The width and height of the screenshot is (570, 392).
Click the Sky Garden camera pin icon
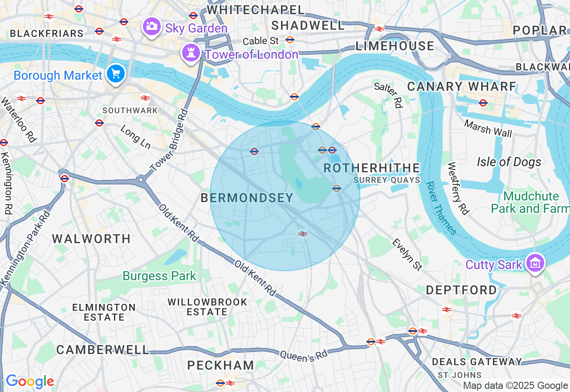click(151, 26)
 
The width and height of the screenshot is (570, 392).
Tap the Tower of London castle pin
click(191, 53)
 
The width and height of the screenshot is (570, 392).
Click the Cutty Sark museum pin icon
click(535, 263)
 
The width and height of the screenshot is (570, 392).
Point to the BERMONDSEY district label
click(247, 198)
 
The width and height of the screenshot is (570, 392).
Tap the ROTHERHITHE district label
click(371, 168)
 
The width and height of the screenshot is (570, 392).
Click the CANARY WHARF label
click(462, 86)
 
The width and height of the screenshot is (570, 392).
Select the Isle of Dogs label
click(509, 162)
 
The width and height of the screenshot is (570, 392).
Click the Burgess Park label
click(159, 276)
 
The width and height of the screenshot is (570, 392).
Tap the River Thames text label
click(441, 208)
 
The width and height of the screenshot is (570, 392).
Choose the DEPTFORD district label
click(461, 290)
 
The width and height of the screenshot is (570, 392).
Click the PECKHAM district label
click(220, 365)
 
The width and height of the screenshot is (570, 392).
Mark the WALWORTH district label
click(91, 239)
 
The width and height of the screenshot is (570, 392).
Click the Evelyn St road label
click(407, 254)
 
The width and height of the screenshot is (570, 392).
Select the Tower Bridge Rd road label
click(169, 140)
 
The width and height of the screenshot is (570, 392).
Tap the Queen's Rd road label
click(303, 355)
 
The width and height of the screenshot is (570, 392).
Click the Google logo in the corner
click(30, 382)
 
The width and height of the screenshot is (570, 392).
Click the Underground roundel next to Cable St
click(290, 40)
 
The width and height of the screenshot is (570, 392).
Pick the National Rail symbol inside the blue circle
click(303, 233)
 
